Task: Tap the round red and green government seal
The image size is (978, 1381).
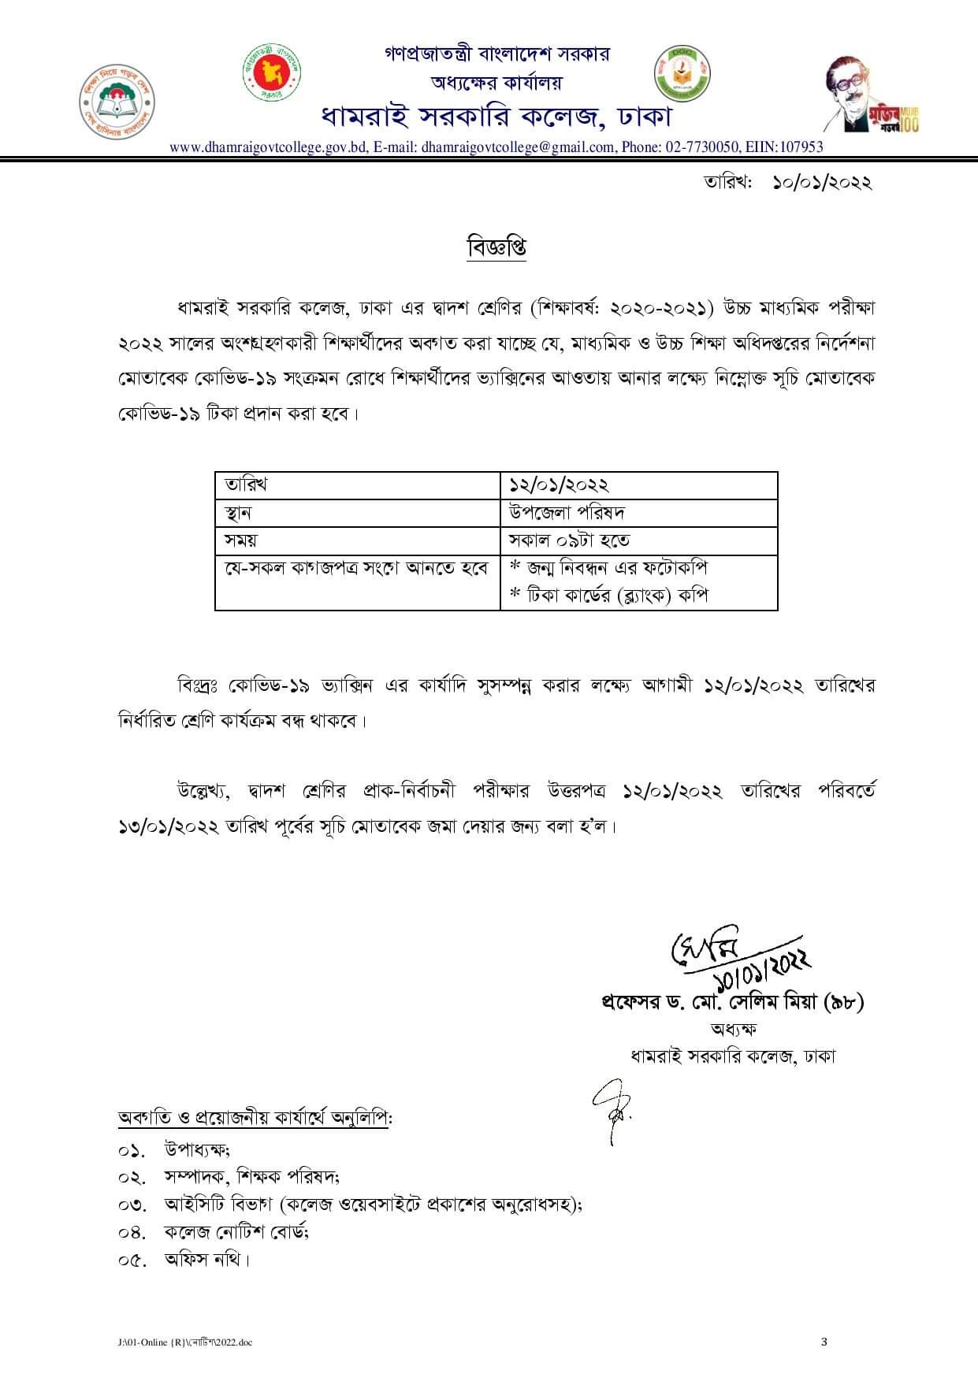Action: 271,72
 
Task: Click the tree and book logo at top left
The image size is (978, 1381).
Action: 117,100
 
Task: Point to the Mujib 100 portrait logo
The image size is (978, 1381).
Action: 870,95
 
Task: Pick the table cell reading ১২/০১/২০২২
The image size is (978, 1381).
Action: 560,485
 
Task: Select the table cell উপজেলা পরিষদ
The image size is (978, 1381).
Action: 567,513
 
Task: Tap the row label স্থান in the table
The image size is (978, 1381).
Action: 238,513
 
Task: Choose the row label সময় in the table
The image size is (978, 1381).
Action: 241,540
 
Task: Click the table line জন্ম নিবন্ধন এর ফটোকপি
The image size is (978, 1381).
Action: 609,568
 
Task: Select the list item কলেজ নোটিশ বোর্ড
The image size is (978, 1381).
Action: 236,1231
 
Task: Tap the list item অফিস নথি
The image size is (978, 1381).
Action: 206,1259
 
